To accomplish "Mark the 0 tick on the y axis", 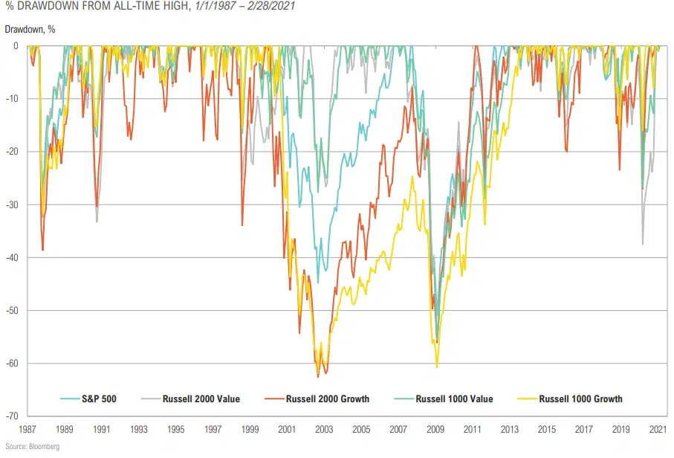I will pos(16,46).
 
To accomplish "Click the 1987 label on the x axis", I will pos(27,430).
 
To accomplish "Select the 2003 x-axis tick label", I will pos(324,430).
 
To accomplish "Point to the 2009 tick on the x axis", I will pos(435,430).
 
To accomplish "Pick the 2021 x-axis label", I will pos(658,430).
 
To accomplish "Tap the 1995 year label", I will pos(176,430).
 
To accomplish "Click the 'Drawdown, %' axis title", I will pos(30,29).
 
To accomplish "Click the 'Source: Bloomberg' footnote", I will pos(32,447).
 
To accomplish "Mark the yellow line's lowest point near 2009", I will pos(437,367).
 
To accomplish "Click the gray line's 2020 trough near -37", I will pos(643,244).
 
